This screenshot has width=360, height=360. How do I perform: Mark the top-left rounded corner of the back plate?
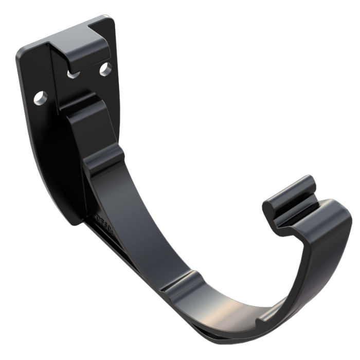tap(23, 49)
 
